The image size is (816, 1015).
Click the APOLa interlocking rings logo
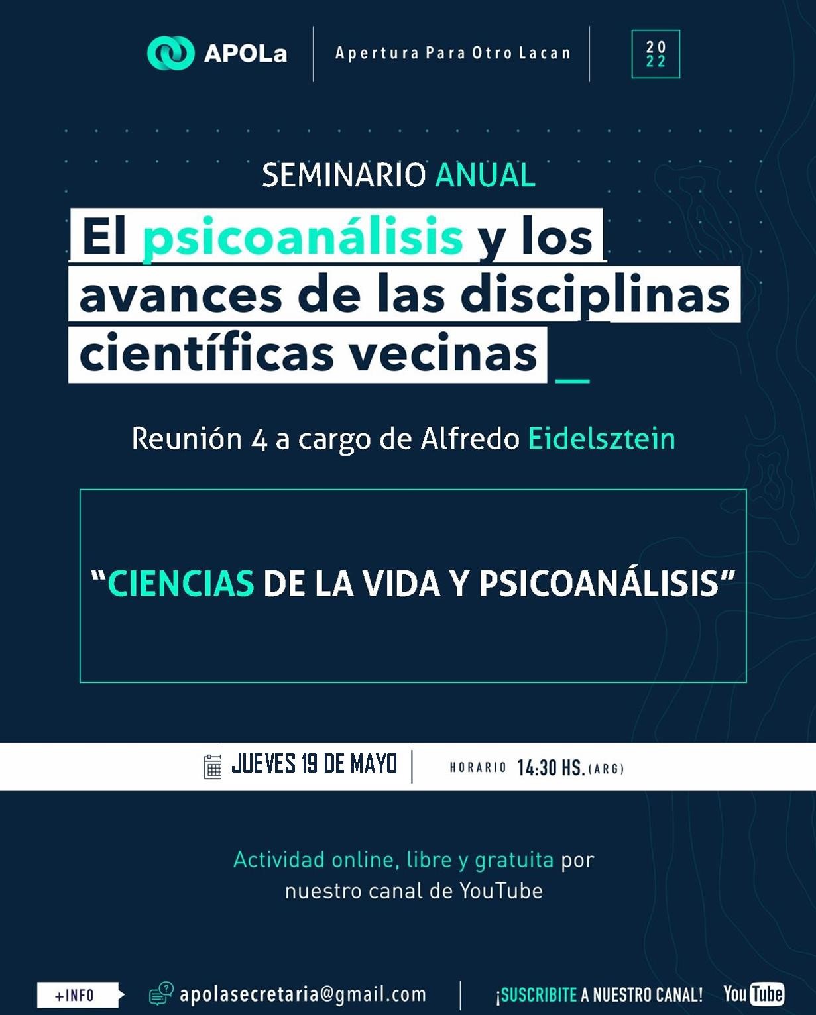[x=170, y=53]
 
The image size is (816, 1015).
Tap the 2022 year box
[x=656, y=54]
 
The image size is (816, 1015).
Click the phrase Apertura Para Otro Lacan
[x=453, y=53]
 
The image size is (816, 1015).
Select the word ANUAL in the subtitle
[x=485, y=175]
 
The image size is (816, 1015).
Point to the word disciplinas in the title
[x=595, y=296]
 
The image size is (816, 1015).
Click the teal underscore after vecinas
[x=573, y=380]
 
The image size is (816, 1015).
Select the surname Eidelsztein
[x=602, y=438]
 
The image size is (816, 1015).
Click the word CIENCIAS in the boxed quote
[x=181, y=584]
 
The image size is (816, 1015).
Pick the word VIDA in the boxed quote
[x=400, y=584]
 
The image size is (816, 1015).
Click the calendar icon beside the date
[x=212, y=766]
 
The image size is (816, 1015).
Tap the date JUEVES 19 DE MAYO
[x=314, y=763]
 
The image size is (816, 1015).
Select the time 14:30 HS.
[x=551, y=767]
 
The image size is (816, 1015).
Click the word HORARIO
[x=478, y=767]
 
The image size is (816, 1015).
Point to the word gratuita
[x=514, y=860]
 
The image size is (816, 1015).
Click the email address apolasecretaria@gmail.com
[x=302, y=994]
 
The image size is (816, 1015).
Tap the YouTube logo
[x=754, y=994]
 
